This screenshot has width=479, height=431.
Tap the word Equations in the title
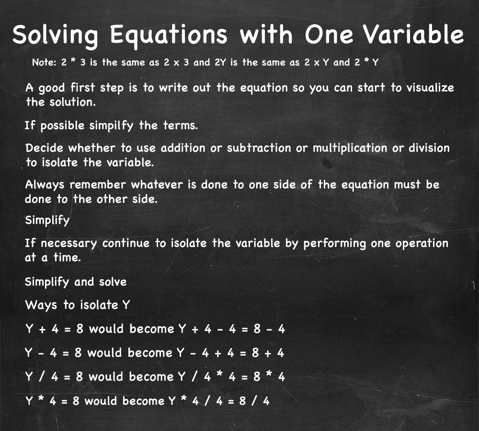[169, 36]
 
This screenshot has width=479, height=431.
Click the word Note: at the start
[44, 62]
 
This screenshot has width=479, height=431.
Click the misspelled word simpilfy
[111, 126]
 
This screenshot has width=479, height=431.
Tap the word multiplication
[350, 148]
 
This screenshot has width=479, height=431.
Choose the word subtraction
[259, 148]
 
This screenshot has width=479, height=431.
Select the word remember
[98, 185]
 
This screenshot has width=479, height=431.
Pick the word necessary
[68, 244]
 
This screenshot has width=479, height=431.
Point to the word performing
[334, 244]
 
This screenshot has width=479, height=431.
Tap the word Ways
[41, 305]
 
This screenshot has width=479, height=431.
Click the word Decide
[44, 148]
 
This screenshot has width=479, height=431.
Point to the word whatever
[157, 185]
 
